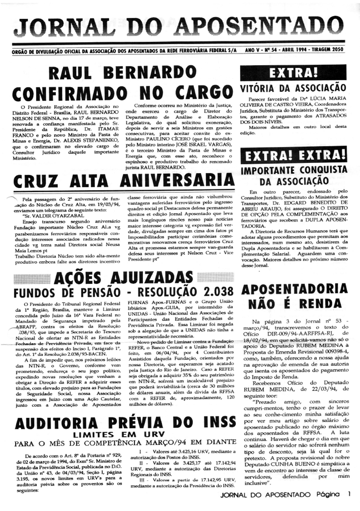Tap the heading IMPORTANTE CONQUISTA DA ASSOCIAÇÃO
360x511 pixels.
click(293, 175)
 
